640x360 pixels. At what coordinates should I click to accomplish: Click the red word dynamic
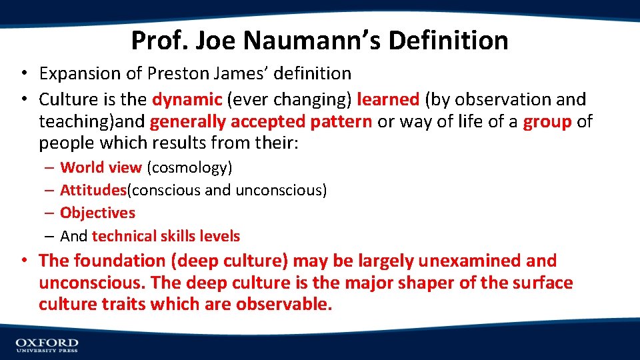(187, 100)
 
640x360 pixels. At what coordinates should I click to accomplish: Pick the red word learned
(388, 100)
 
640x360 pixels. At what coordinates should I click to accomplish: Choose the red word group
(547, 122)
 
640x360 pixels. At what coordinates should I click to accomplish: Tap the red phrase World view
(101, 168)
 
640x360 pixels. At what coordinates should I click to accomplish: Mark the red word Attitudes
(93, 191)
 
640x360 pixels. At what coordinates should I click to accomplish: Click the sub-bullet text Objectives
(97, 213)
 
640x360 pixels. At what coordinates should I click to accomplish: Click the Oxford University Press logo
(47, 345)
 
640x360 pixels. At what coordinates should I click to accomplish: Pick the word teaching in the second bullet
(71, 122)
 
